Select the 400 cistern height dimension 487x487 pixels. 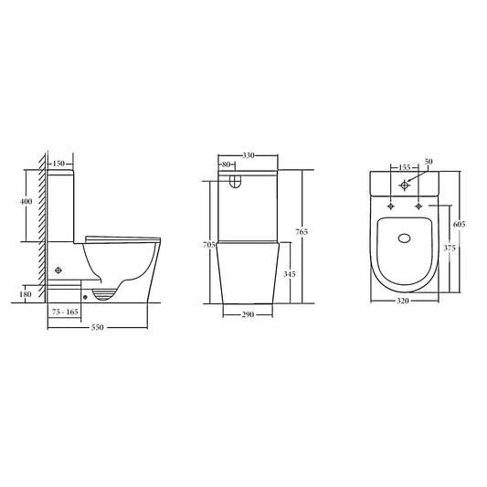(x=26, y=201)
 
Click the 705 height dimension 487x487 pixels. (x=208, y=246)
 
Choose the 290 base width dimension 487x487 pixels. (x=249, y=315)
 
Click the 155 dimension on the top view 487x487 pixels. (x=403, y=168)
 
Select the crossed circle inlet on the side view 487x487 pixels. (x=59, y=270)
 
